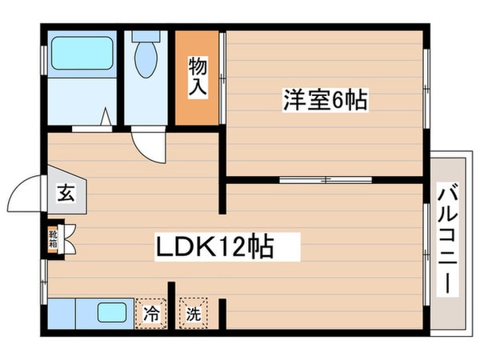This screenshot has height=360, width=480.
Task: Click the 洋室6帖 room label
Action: (324, 101)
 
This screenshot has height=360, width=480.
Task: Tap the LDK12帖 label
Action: (214, 246)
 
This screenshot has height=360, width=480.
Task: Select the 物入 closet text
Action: (197, 75)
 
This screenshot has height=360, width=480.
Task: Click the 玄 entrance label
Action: (65, 192)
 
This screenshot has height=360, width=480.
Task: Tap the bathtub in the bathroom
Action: (79, 55)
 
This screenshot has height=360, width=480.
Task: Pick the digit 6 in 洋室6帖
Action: (338, 101)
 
